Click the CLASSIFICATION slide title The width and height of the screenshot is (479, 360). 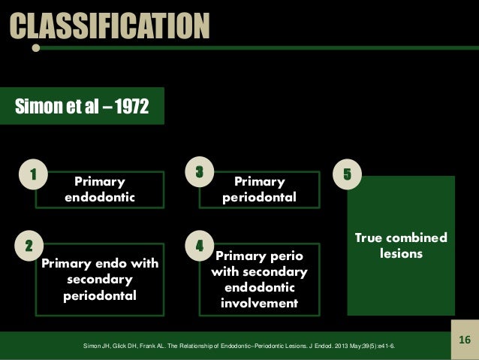109,25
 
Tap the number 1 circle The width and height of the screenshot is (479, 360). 33,174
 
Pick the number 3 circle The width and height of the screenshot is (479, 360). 200,171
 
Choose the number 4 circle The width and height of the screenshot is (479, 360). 200,245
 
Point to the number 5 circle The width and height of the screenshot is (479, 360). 348,174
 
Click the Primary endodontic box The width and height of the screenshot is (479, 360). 100,189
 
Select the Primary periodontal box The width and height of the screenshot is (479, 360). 259,189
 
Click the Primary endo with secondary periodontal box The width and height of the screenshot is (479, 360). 100,279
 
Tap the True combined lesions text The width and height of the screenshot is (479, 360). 400,246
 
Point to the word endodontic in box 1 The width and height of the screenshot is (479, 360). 100,198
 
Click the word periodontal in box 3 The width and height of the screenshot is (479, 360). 259,198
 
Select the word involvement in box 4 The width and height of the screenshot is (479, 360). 259,303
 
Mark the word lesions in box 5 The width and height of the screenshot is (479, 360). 401,254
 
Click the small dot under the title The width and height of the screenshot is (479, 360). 36,48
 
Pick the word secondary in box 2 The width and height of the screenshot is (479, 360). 100,280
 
